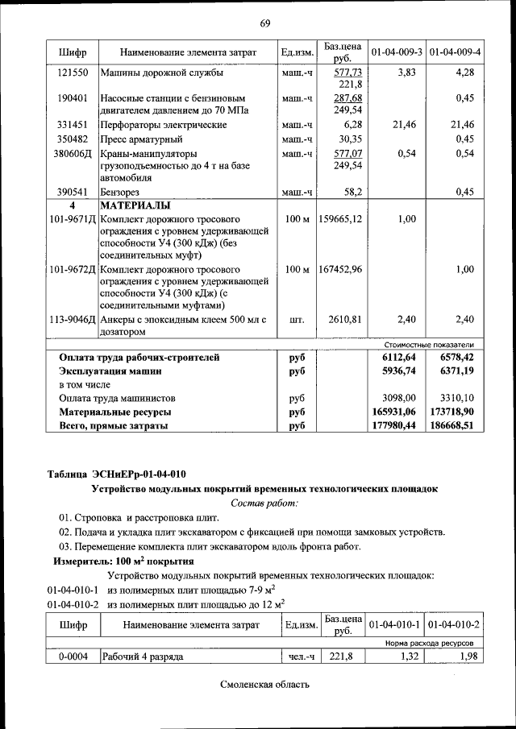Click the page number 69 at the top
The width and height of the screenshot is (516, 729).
tap(264, 21)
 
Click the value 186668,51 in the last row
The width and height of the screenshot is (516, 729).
tap(456, 425)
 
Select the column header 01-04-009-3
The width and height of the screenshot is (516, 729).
tap(396, 52)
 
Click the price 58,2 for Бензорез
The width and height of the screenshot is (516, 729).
tap(351, 192)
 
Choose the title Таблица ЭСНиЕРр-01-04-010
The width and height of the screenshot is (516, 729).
tap(120, 474)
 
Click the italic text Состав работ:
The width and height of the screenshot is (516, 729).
tap(264, 503)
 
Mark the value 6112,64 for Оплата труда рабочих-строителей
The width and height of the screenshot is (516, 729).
tap(399, 357)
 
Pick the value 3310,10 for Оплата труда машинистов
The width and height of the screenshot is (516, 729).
tap(457, 398)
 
